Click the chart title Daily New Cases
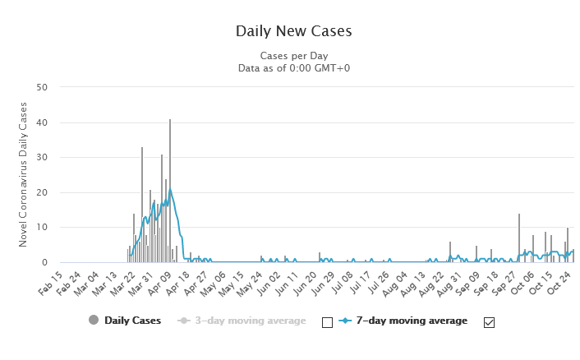[x=293, y=31]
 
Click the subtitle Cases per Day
[x=293, y=55]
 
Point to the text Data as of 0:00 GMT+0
[x=293, y=67]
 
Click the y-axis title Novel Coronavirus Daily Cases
[x=24, y=174]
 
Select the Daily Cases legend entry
[x=125, y=321]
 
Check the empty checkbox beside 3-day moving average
[x=327, y=322]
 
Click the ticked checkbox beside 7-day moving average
[x=490, y=322]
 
